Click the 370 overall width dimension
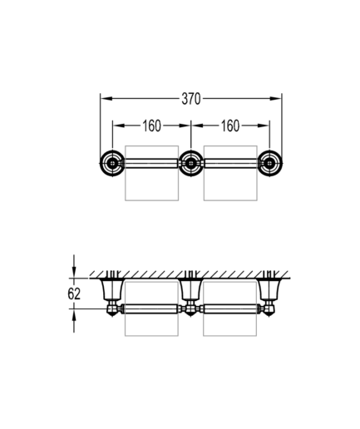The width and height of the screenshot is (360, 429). [191, 99]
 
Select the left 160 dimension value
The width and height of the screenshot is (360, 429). [151, 126]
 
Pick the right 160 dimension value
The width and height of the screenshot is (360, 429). [230, 126]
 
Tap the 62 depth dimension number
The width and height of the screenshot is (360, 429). [74, 293]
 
